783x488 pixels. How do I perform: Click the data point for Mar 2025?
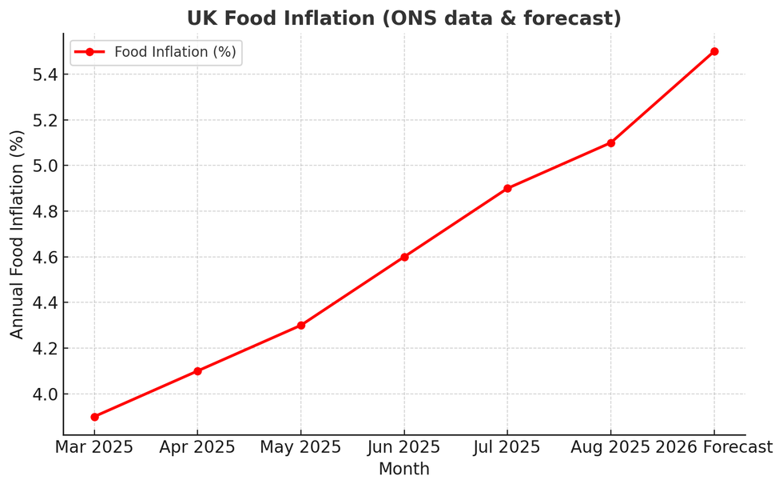tap(94, 417)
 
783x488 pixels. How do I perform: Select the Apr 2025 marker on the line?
tap(197, 371)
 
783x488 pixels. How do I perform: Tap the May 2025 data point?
tap(300, 326)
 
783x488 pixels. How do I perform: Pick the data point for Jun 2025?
tap(404, 257)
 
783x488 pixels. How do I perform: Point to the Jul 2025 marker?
tap(507, 189)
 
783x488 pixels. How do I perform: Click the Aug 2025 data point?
tap(610, 143)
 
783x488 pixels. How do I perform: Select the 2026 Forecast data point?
tap(714, 51)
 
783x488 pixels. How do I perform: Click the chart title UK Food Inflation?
tap(403, 18)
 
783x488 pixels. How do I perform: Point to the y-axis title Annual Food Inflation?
tap(18, 234)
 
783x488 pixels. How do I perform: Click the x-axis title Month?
tap(403, 469)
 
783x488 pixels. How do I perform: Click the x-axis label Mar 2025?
tap(94, 447)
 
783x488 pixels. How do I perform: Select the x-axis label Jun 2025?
tap(404, 447)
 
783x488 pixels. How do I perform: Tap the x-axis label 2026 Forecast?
tap(714, 447)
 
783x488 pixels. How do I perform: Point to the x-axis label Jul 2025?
tap(507, 447)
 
